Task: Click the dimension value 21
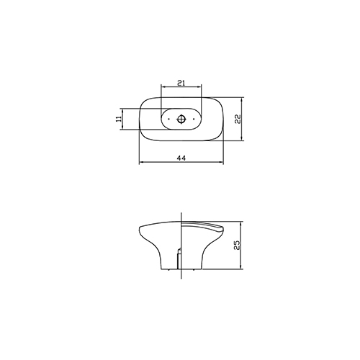pyautogui.click(x=181, y=83)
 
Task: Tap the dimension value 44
pyautogui.click(x=181, y=158)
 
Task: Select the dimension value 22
pyautogui.click(x=238, y=119)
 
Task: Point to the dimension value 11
pyautogui.click(x=119, y=119)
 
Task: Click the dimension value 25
pyautogui.click(x=237, y=245)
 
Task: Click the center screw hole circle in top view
pyautogui.click(x=181, y=119)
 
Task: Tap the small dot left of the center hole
pyautogui.click(x=168, y=119)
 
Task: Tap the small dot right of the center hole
pyautogui.click(x=194, y=119)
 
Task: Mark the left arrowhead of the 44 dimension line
pyautogui.click(x=141, y=163)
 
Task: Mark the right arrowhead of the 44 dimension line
pyautogui.click(x=222, y=163)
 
